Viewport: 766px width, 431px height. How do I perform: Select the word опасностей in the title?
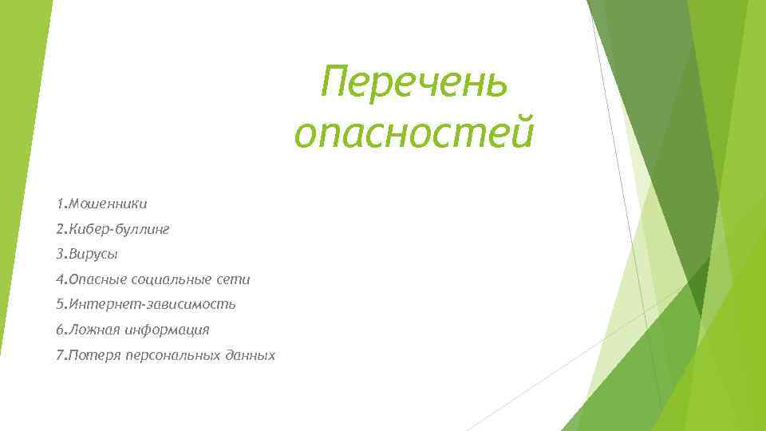pyautogui.click(x=413, y=132)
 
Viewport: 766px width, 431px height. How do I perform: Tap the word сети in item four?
pyautogui.click(x=233, y=279)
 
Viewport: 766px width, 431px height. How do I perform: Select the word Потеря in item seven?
pyautogui.click(x=93, y=355)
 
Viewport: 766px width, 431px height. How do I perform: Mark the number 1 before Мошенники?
pyautogui.click(x=60, y=204)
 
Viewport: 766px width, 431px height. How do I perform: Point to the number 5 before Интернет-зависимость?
pyautogui.click(x=60, y=304)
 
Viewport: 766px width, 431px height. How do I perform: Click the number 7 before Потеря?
pyautogui.click(x=60, y=355)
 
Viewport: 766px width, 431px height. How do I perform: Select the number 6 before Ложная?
pyautogui.click(x=60, y=330)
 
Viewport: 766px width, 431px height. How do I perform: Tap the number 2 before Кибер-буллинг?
pyautogui.click(x=60, y=229)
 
